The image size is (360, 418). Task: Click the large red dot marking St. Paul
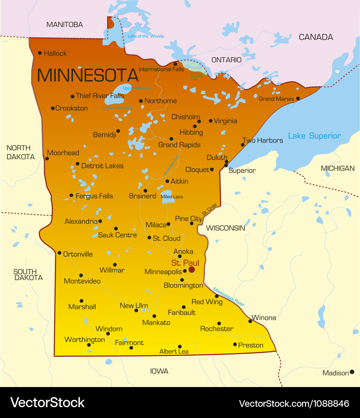[x=191, y=269]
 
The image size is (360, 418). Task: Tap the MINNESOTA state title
[x=87, y=75]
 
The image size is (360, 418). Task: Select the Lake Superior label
[x=314, y=136]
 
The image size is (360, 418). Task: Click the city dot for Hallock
[x=40, y=53]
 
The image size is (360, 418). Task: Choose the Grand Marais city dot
[x=298, y=99]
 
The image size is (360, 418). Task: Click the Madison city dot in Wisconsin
[x=352, y=372]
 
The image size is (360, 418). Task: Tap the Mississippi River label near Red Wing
[x=229, y=297]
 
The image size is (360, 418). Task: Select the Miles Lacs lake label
[x=172, y=197]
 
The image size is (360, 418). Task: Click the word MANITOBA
[x=65, y=25]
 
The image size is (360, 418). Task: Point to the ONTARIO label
[x=226, y=60]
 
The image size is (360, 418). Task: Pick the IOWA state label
[x=159, y=372]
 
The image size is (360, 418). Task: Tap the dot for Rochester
[x=219, y=324]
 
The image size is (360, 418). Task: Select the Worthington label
[x=84, y=339]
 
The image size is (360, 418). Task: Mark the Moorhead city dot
[x=47, y=158]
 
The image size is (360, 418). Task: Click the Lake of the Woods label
[x=146, y=36]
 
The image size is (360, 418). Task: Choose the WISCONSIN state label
[x=225, y=228]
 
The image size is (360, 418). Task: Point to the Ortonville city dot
[x=60, y=253]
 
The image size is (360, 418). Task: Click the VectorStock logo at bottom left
[x=47, y=403]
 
